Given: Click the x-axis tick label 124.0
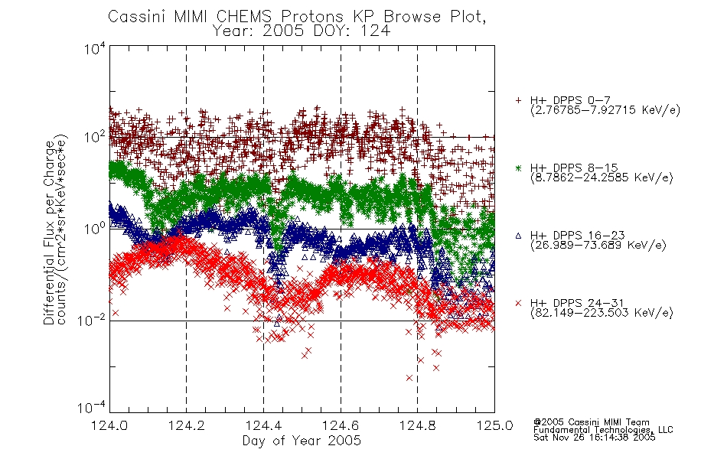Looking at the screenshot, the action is [109, 425].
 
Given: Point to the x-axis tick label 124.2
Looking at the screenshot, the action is [187, 425].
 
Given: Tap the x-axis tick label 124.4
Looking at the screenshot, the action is [263, 425].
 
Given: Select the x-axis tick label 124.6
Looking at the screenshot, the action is [341, 425].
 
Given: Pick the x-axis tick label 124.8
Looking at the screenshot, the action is [417, 425].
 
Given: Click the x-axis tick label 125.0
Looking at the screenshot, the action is [494, 425].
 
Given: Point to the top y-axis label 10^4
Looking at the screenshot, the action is [95, 49].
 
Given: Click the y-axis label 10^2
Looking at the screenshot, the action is [95, 137].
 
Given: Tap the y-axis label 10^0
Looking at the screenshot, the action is [95, 229].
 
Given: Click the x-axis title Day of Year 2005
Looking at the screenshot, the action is [302, 441].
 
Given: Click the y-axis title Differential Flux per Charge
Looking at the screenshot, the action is [50, 232].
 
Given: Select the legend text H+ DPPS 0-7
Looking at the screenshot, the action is [570, 101].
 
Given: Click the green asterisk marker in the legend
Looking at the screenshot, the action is [519, 168].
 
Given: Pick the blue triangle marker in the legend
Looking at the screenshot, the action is [519, 236].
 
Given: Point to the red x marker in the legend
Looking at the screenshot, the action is [519, 303].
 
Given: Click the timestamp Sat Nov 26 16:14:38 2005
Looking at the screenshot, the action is [595, 438].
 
